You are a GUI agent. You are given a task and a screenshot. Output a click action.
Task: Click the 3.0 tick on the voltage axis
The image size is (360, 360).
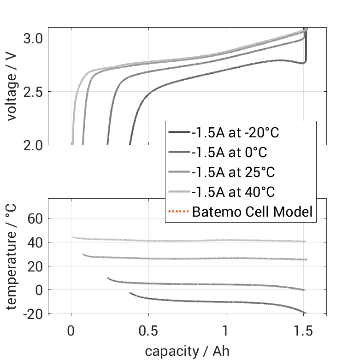[34, 38]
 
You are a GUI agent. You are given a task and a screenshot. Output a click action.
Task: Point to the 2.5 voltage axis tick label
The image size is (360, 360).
[34, 92]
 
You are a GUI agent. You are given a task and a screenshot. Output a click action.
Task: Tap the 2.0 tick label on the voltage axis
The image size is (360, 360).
[34, 145]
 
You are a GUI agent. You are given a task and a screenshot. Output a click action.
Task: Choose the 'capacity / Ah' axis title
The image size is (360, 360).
[187, 351]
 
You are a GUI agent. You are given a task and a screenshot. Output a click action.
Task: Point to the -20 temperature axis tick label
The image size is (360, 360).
[34, 314]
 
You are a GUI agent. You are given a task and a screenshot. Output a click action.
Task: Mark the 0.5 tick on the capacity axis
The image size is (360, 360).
[148, 331]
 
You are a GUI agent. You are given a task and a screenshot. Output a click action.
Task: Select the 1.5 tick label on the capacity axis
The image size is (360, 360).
[303, 331]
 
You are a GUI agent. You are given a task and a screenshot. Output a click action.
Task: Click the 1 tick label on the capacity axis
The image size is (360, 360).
[226, 331]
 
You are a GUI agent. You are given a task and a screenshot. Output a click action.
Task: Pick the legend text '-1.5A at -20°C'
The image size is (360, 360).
[236, 133]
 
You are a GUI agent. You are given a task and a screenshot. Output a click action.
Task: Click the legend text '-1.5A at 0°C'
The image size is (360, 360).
[230, 153]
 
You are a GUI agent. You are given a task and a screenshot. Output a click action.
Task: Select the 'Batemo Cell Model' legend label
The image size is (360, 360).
[252, 212]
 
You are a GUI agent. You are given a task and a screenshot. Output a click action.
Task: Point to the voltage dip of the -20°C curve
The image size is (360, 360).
[303, 63]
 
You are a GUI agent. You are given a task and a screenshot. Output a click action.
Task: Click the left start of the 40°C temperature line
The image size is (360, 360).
[73, 238]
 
